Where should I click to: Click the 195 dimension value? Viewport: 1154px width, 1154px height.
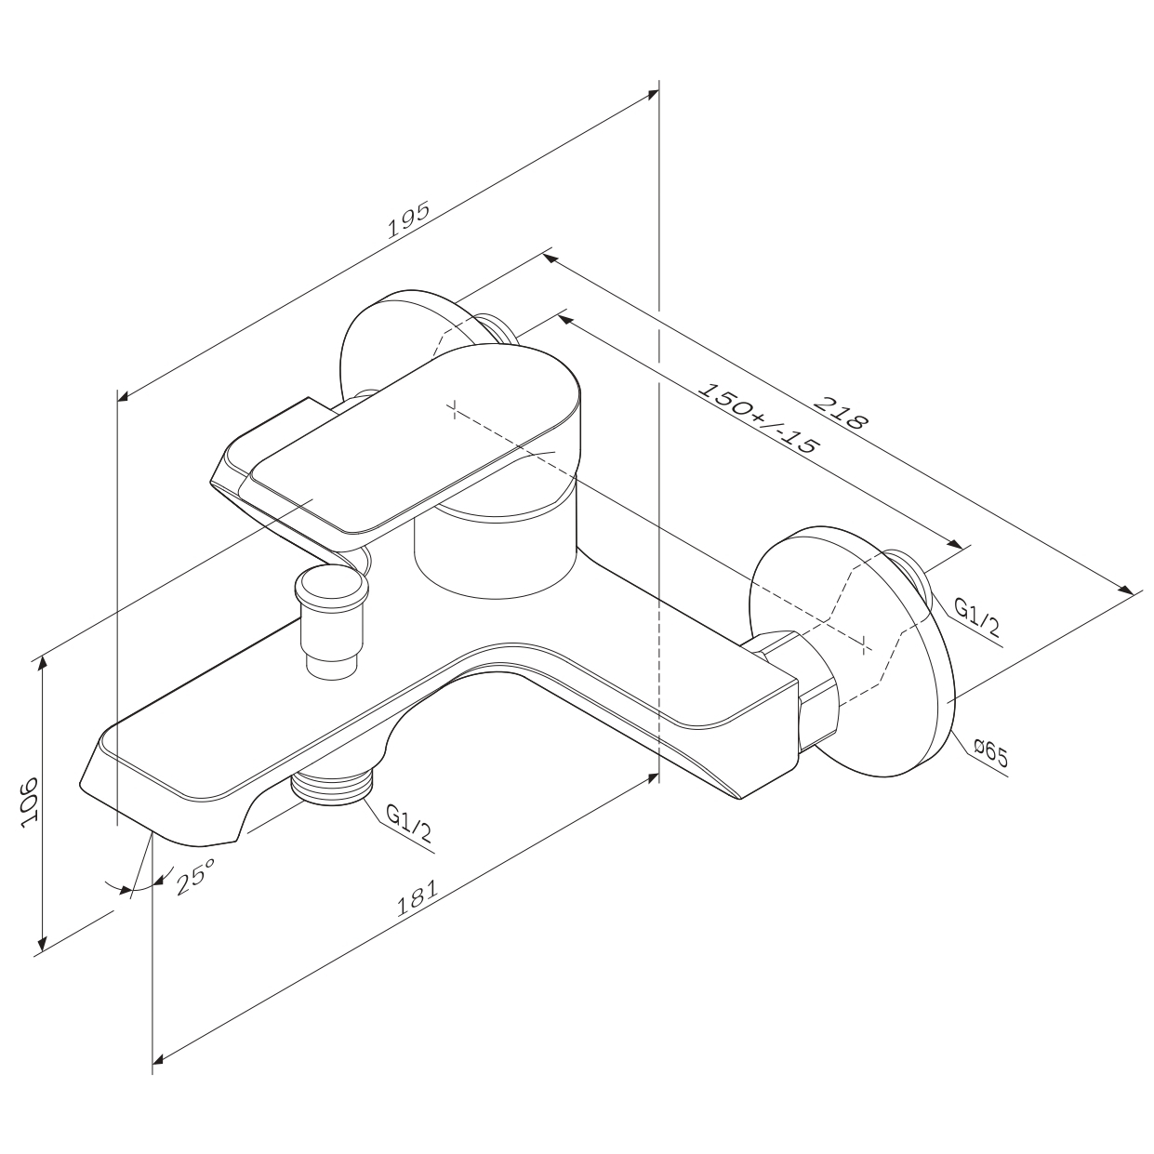coord(409,220)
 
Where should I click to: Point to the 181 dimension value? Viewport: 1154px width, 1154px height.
coord(418,897)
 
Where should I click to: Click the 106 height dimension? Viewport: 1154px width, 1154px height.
coord(29,802)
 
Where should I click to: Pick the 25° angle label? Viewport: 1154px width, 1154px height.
coord(195,875)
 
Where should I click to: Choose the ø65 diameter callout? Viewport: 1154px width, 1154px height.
coord(990,753)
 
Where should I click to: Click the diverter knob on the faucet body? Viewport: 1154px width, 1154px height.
coord(332,623)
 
